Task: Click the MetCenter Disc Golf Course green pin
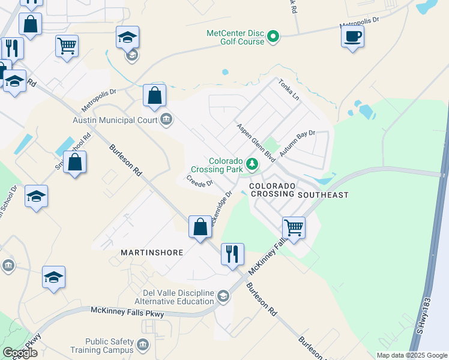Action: pyautogui.click(x=273, y=37)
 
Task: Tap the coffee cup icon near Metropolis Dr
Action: pyautogui.click(x=352, y=36)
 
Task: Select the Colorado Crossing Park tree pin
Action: pyautogui.click(x=253, y=163)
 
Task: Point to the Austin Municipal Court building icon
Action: pyautogui.click(x=167, y=120)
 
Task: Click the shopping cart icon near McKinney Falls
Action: pyautogui.click(x=294, y=227)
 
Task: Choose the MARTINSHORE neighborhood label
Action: pyautogui.click(x=151, y=253)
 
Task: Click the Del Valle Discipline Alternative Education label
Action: pyautogui.click(x=174, y=296)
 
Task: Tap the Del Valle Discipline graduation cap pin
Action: pyautogui.click(x=223, y=296)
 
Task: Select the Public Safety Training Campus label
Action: pyautogui.click(x=109, y=345)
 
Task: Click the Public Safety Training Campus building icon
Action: pyautogui.click(x=143, y=345)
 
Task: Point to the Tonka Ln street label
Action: pyautogui.click(x=288, y=89)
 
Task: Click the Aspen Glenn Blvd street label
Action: pyautogui.click(x=255, y=142)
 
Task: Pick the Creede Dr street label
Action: pyautogui.click(x=200, y=180)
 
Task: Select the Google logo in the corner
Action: pyautogui.click(x=20, y=353)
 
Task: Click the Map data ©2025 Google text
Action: pyautogui.click(x=411, y=355)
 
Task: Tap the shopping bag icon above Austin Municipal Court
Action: pyautogui.click(x=154, y=95)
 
